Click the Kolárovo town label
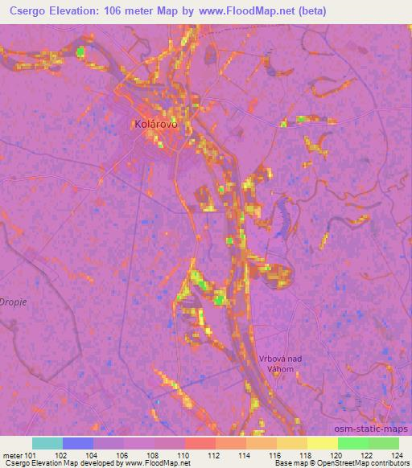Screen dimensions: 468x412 tap(154, 125)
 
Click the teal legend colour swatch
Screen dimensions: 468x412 tap(47, 443)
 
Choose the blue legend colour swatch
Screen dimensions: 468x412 tap(77, 443)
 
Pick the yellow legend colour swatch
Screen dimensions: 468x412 tap(322, 443)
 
